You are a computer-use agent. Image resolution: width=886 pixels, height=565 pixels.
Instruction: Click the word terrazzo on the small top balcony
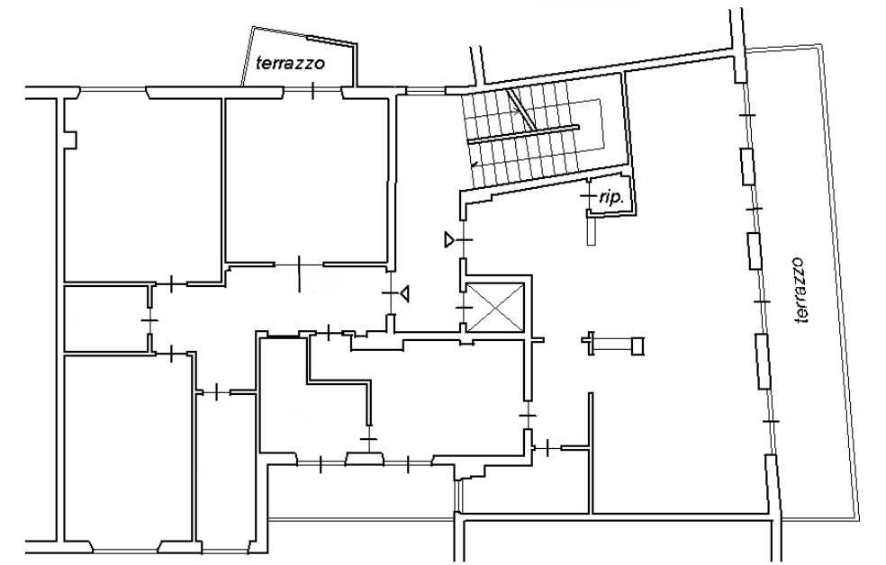(290, 64)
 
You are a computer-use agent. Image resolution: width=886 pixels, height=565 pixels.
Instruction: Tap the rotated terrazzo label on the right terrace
(800, 290)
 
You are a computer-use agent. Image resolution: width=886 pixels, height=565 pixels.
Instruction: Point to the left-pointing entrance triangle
(406, 292)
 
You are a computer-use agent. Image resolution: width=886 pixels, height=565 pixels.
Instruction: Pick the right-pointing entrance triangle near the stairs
(448, 240)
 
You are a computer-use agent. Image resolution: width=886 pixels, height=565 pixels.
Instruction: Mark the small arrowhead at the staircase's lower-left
(474, 165)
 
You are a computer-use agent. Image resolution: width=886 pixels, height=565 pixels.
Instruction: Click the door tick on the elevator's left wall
(463, 308)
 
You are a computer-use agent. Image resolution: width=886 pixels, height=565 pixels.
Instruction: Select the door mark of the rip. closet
(586, 195)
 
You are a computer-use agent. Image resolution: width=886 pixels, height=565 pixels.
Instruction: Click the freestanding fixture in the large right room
(615, 343)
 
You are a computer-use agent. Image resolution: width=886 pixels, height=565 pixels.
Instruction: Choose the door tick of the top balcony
(313, 90)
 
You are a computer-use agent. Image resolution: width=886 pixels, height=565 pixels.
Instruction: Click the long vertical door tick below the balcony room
(299, 274)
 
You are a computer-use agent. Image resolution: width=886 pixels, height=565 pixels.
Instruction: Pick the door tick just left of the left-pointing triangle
(389, 293)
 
